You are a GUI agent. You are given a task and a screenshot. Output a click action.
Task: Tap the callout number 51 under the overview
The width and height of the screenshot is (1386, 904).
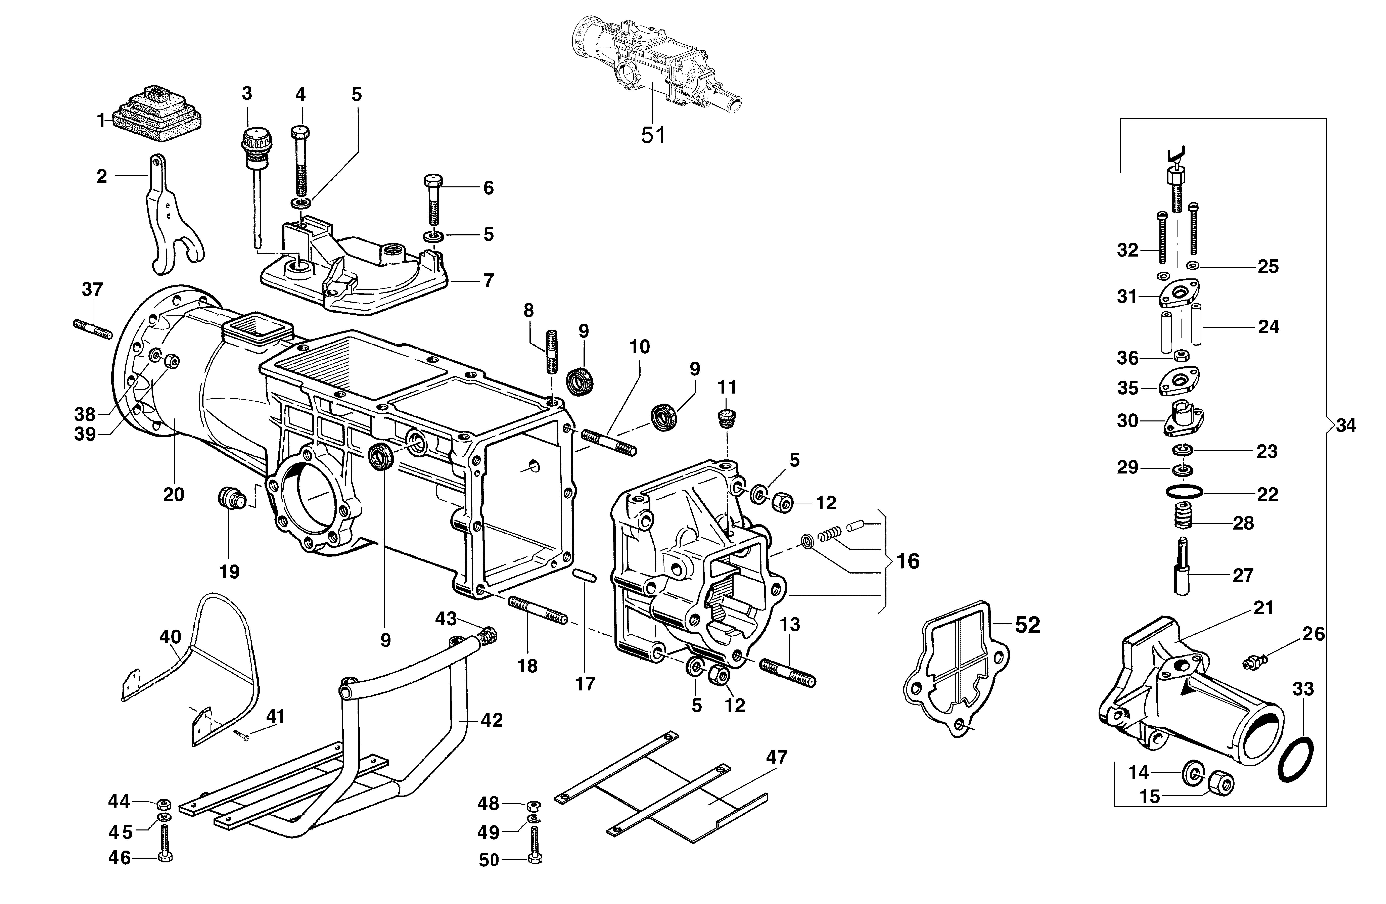coord(653,135)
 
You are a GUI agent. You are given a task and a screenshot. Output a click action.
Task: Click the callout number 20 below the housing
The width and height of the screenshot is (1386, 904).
coord(174,495)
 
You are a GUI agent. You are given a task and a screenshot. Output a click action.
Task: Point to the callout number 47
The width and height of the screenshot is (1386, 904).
coord(776,757)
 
